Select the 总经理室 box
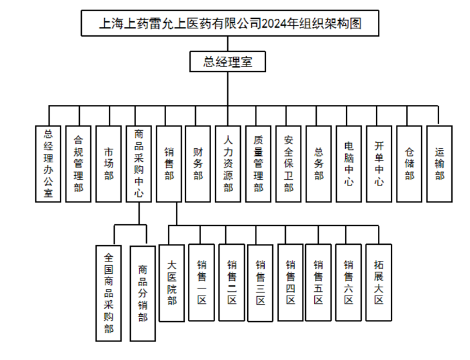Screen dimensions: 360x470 coord(227,62)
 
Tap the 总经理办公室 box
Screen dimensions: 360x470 coord(48,164)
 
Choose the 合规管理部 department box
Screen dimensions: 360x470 coord(79,164)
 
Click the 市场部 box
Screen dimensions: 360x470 coord(109,164)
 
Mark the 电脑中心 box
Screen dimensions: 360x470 coord(349,164)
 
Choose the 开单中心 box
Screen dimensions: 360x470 coord(379,164)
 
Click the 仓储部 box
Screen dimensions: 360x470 coord(409,164)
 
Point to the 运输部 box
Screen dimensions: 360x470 coord(440,164)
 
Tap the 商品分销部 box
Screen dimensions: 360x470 coord(142,293)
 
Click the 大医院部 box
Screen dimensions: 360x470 coord(172,283)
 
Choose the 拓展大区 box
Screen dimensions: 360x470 coord(379,283)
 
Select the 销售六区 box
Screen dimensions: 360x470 coord(348,283)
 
